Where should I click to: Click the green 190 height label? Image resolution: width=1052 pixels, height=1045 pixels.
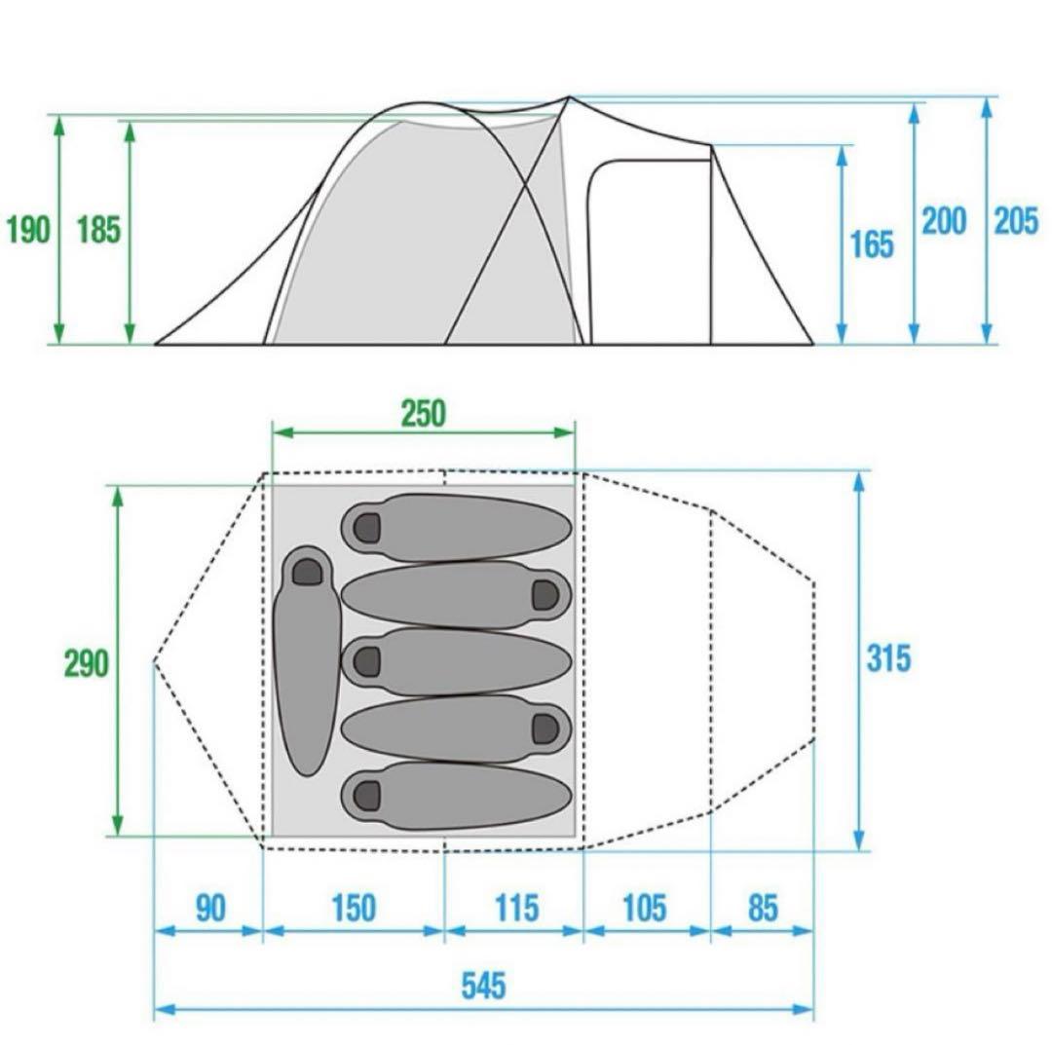(x=28, y=230)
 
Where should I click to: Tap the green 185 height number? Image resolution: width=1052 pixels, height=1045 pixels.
(x=98, y=230)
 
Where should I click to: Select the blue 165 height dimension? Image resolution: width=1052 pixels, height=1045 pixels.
(x=872, y=244)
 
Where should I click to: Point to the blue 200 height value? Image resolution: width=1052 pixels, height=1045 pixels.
(x=944, y=221)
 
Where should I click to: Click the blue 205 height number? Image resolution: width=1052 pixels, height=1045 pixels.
(x=1016, y=221)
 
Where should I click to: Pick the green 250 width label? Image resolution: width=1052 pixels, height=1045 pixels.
(x=424, y=414)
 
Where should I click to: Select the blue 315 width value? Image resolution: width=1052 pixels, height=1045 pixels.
(x=889, y=658)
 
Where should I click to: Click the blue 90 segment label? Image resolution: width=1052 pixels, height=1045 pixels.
(x=210, y=909)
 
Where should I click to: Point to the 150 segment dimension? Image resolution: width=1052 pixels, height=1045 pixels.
(x=354, y=909)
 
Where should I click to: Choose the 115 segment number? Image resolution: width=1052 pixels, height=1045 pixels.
(x=516, y=909)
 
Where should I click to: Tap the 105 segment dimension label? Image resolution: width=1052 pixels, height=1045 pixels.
(x=645, y=909)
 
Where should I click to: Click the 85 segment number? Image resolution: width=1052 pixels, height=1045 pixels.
(x=763, y=909)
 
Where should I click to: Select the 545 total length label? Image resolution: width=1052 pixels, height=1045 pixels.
(x=484, y=986)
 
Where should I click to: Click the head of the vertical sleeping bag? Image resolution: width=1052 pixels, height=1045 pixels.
(x=307, y=571)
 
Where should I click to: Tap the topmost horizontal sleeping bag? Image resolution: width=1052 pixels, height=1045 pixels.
(x=456, y=527)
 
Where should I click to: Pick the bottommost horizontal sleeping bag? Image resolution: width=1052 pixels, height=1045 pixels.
(x=456, y=796)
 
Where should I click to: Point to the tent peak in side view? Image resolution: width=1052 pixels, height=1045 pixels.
(x=569, y=97)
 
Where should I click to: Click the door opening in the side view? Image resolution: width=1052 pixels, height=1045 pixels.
(x=648, y=252)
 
